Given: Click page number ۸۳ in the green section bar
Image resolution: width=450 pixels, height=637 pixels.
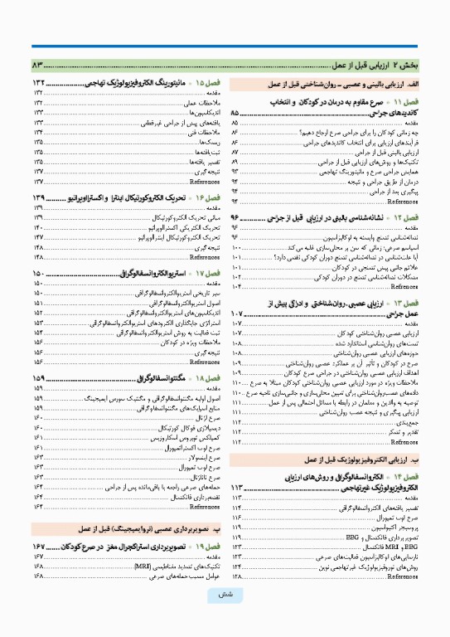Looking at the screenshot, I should pyautogui.click(x=38, y=65).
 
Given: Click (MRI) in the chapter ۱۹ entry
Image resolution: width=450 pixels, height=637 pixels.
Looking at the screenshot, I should pyautogui.click(x=146, y=566).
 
